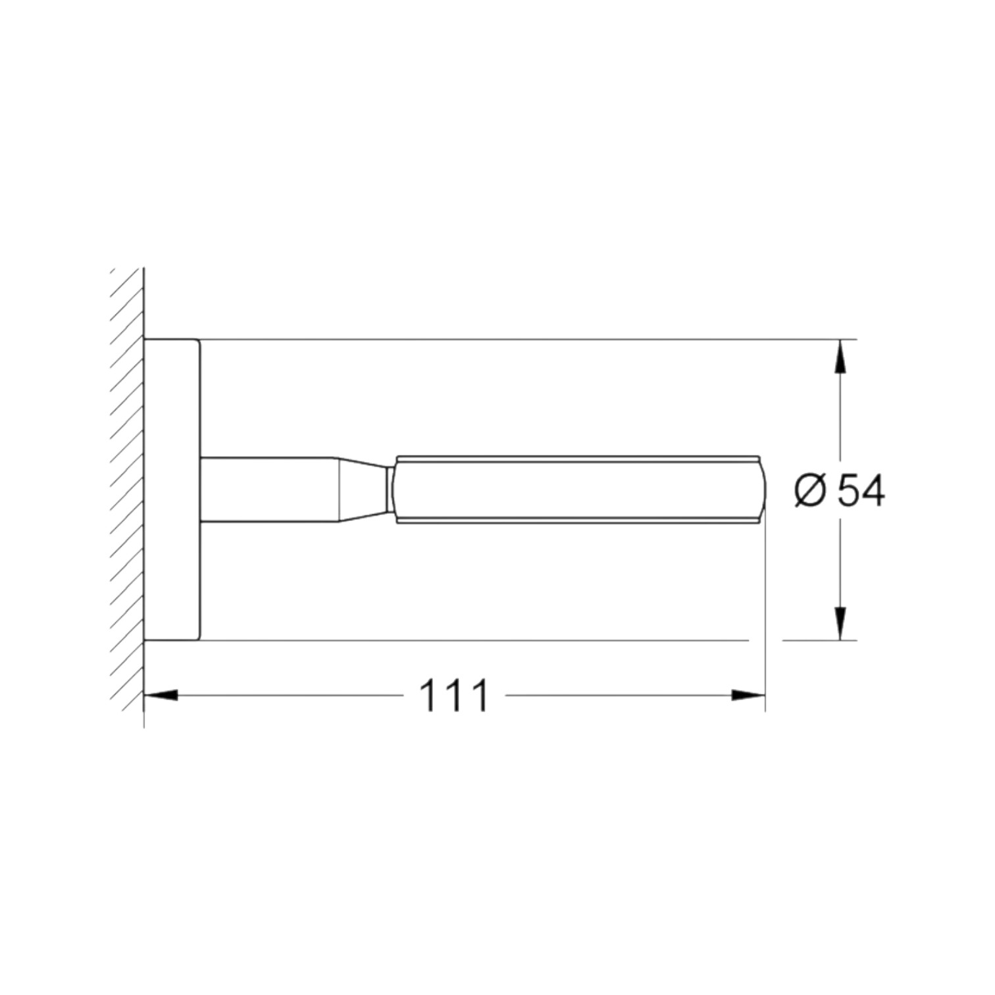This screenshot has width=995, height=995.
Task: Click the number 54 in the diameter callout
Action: pos(860,490)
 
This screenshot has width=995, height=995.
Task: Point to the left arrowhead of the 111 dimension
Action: pos(161,695)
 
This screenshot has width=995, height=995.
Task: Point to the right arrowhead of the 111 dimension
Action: pos(749,695)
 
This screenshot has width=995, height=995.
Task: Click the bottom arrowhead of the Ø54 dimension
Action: pos(840,623)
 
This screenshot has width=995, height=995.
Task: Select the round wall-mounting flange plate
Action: pos(172,490)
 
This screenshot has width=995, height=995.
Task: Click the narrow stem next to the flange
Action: pos(269,490)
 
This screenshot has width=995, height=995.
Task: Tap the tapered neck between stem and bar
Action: pos(363,490)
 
